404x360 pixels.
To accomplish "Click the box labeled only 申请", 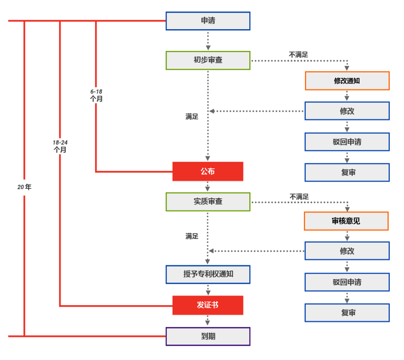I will point(208,21).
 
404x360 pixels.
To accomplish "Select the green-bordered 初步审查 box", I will point(208,60).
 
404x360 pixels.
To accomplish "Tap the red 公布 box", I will point(208,172).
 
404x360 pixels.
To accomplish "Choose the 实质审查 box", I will point(208,201).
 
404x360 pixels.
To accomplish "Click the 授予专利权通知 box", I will point(208,274).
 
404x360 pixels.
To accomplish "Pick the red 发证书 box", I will point(208,305).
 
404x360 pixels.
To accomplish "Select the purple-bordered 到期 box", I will point(208,336).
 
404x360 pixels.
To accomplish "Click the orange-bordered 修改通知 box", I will point(347,81).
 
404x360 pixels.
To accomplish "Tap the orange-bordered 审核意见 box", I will point(346,221).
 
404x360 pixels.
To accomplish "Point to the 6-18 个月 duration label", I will point(96,95).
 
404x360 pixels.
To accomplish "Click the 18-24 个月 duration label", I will point(60,146).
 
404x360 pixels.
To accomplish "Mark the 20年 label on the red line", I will point(24,187).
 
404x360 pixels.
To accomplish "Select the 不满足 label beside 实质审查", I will point(299,196).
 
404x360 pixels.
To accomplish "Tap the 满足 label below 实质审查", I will point(192,236).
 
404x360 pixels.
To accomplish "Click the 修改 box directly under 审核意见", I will point(347,251).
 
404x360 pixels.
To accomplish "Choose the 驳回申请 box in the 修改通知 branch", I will point(347,142).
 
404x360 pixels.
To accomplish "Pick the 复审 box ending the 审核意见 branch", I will point(347,313).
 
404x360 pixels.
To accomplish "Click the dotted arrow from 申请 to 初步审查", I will point(208,40).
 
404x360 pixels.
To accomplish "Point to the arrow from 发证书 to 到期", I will point(208,321).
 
